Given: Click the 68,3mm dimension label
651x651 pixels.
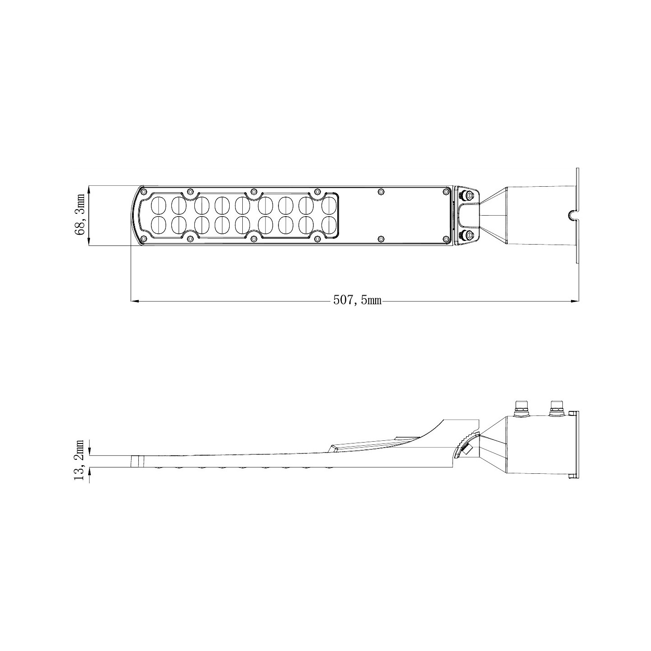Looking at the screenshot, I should [x=80, y=214].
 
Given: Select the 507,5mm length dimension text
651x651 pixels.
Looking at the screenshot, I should [x=357, y=300].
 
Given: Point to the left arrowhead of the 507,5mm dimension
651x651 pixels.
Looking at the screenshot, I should [x=134, y=301].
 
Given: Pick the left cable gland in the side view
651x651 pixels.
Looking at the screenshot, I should [x=521, y=407].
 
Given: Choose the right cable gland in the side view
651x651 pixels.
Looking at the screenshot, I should [x=556, y=407].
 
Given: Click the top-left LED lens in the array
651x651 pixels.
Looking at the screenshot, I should [x=158, y=205].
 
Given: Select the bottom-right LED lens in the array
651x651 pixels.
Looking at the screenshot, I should [x=330, y=225].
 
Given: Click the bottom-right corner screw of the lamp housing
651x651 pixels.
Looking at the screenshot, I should [x=446, y=238].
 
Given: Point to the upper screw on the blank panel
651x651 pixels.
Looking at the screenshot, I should [x=381, y=192].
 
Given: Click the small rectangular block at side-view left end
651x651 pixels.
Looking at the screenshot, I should [x=137, y=462].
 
